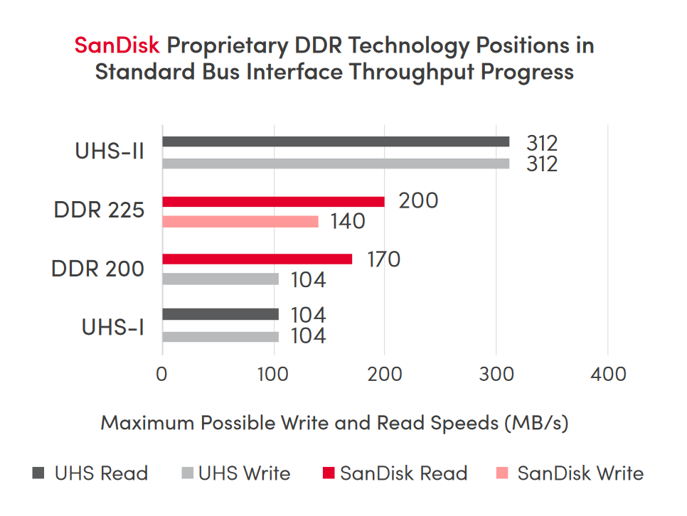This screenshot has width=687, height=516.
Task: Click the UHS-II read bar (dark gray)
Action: (x=336, y=141)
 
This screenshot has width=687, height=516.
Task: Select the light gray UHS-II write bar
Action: (x=336, y=163)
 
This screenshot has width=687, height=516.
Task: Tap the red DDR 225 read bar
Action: (x=273, y=202)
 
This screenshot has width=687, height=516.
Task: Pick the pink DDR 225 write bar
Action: (x=240, y=222)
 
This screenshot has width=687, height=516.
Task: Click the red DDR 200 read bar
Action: (x=257, y=259)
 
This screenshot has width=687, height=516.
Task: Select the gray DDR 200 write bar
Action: (x=220, y=279)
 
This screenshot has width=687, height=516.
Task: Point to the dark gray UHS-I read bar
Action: (x=220, y=314)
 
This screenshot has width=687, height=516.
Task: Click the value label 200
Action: (x=418, y=201)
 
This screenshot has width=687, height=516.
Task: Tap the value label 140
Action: (x=347, y=222)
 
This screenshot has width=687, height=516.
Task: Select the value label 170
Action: (x=383, y=259)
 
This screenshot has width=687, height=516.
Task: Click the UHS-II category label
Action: (x=110, y=152)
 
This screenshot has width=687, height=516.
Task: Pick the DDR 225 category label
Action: (x=99, y=211)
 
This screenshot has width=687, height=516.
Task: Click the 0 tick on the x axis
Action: (x=163, y=373)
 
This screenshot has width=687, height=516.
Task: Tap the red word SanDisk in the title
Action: (x=117, y=46)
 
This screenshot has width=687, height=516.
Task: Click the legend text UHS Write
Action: (x=244, y=473)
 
